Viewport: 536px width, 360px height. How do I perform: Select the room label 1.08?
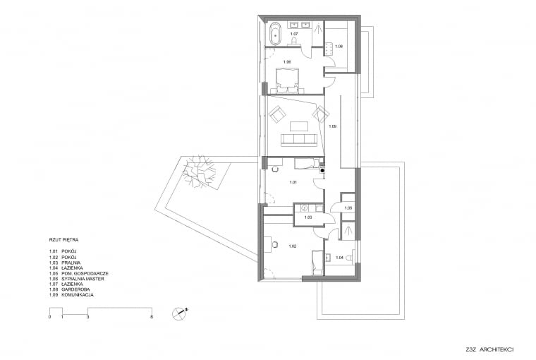[x=338, y=47]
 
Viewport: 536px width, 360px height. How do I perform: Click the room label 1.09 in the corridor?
[x=333, y=126]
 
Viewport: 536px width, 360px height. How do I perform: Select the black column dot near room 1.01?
[x=322, y=169]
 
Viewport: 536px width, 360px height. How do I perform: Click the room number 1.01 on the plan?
[x=293, y=182]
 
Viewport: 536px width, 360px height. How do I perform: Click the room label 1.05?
[x=348, y=208]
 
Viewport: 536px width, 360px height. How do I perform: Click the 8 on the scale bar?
[x=152, y=318]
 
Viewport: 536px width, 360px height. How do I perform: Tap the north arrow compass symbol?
[x=181, y=312]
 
